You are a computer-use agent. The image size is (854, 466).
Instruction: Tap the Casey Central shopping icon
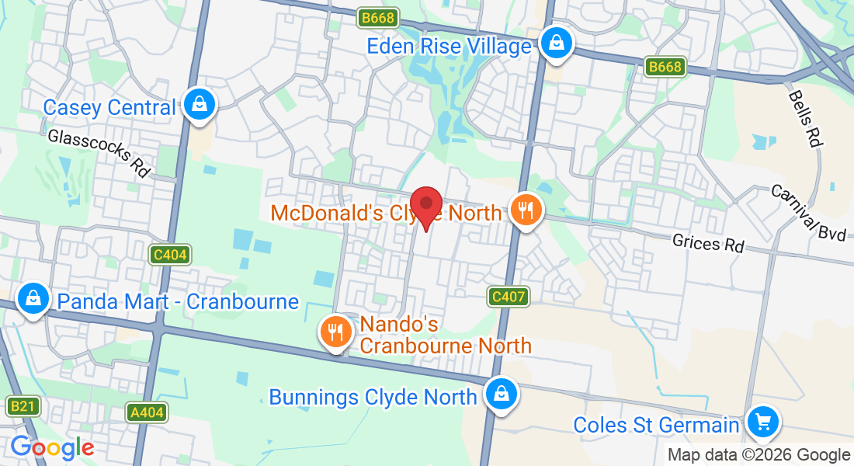point(200,104)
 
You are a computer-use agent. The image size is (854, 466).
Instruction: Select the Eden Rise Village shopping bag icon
point(557,43)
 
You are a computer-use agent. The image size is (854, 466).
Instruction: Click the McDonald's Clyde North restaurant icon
point(526,209)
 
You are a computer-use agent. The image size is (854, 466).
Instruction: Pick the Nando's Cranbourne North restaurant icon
point(335,332)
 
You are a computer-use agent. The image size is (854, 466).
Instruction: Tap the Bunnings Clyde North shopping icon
point(502,395)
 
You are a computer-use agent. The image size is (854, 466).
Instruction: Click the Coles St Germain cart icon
point(763,423)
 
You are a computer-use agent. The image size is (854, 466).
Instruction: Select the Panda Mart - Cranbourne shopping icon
point(33,298)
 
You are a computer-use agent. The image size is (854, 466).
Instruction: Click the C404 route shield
point(170,254)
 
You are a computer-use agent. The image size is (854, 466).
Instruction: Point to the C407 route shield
point(509,296)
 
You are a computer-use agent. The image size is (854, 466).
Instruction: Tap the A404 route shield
point(147,412)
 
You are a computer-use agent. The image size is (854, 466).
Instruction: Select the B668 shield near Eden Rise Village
point(378,17)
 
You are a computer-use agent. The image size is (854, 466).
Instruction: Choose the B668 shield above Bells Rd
point(665,67)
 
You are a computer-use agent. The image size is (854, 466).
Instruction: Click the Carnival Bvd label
point(808,212)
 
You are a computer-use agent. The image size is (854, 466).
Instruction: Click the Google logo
point(52,447)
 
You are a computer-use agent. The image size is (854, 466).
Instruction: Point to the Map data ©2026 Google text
point(759,455)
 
